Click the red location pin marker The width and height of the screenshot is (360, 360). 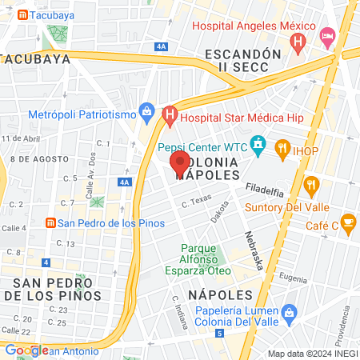(x=179, y=164)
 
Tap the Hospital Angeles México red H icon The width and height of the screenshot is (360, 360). (x=298, y=40)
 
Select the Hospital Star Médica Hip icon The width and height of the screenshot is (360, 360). (x=169, y=115)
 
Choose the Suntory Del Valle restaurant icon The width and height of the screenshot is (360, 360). (x=311, y=186)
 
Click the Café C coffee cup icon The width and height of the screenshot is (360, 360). (x=348, y=222)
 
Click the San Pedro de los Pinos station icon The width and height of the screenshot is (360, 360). (x=50, y=222)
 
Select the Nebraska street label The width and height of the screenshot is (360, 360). (x=252, y=250)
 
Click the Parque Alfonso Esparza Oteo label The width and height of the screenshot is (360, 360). (x=206, y=259)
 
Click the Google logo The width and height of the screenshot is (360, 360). (x=26, y=350)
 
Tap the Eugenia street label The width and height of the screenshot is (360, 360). (x=294, y=277)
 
